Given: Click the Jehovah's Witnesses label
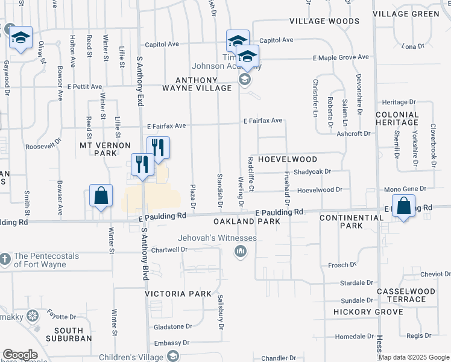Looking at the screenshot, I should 217,238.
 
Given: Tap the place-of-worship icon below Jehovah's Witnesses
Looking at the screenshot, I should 241,251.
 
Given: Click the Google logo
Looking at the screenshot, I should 20,355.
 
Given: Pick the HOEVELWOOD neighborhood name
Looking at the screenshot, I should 288,159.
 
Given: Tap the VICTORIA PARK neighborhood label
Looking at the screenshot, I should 178,294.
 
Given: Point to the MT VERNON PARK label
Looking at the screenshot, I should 106,149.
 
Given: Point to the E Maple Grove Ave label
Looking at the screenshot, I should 340,57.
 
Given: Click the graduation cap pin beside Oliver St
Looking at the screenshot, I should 20,39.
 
